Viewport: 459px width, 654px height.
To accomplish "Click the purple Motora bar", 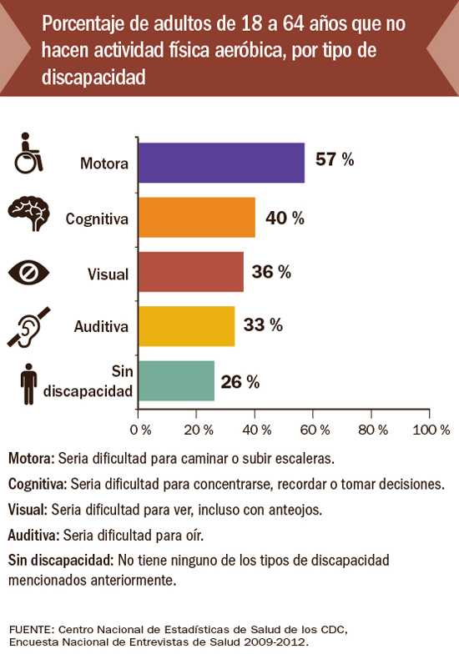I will pyautogui.click(x=221, y=163).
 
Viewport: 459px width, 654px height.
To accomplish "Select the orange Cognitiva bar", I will pyautogui.click(x=196, y=218).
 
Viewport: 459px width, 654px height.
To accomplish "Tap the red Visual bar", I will pyautogui.click(x=190, y=272).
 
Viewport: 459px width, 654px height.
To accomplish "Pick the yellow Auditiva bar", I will pyautogui.click(x=186, y=326).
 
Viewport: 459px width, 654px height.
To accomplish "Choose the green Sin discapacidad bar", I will pyautogui.click(x=176, y=381).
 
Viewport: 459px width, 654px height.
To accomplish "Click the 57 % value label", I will pyautogui.click(x=335, y=160).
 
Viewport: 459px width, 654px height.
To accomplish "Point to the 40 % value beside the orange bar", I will pyautogui.click(x=285, y=218).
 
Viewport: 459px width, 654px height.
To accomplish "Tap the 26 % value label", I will pyautogui.click(x=240, y=382).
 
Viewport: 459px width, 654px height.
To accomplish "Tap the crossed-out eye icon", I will pyautogui.click(x=29, y=273).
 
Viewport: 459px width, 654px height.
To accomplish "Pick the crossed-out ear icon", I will pyautogui.click(x=29, y=328).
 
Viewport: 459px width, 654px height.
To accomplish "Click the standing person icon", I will pyautogui.click(x=29, y=384).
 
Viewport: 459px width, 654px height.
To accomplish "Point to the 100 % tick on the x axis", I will pyautogui.click(x=431, y=429).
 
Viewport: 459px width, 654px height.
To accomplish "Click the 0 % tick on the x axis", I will pyautogui.click(x=140, y=429).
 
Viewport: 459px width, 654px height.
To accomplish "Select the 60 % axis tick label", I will pyautogui.click(x=315, y=429).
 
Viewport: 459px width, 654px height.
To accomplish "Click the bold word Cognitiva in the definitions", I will pyautogui.click(x=38, y=483).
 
